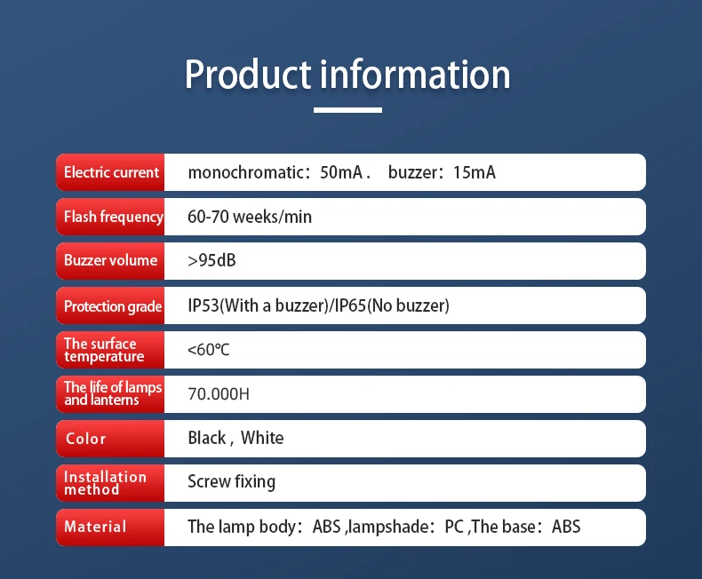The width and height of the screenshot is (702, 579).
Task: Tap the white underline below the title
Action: [x=347, y=110]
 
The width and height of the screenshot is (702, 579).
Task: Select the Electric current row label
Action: [x=111, y=172]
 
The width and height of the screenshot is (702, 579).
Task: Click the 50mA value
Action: [x=341, y=172]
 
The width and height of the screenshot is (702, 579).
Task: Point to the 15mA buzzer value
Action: [x=474, y=172]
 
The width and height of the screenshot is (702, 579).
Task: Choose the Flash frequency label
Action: [x=113, y=217]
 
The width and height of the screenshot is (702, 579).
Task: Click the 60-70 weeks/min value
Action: [x=250, y=217]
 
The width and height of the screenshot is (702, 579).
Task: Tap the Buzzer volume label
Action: [x=110, y=261]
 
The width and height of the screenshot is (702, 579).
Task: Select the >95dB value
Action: [x=211, y=261]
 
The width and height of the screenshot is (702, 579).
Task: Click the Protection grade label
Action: [x=113, y=306]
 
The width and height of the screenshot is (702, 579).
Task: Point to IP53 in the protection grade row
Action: [x=203, y=306]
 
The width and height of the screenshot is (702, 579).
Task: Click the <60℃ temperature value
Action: [x=209, y=350]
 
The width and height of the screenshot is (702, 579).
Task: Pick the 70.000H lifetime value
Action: [x=219, y=394]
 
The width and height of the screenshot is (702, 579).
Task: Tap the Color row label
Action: [x=85, y=439]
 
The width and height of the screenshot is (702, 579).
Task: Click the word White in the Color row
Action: [x=262, y=438]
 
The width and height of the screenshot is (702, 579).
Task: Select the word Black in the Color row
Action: [x=207, y=438]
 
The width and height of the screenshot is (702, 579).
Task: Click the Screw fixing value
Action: [x=231, y=482]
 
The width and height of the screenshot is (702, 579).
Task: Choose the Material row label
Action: [x=95, y=527]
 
